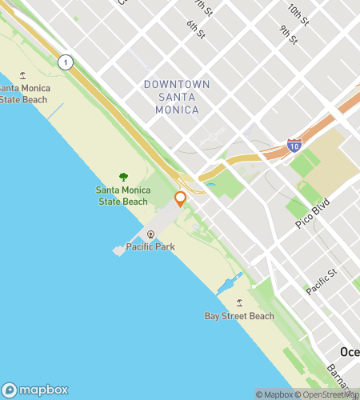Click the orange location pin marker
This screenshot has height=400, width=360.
(x=181, y=198)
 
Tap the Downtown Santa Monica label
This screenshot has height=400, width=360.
(x=177, y=96)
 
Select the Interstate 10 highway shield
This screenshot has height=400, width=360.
(x=294, y=146)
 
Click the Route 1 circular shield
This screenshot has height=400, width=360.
(x=66, y=62)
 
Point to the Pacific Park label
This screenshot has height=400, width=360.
(x=150, y=247)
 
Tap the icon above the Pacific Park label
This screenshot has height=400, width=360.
(x=150, y=234)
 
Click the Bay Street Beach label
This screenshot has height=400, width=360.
(x=239, y=316)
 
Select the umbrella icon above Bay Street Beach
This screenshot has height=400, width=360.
(x=239, y=303)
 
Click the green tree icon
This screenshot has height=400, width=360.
(x=123, y=177)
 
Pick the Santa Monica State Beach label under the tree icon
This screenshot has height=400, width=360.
(x=122, y=195)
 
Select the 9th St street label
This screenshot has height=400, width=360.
(x=289, y=36)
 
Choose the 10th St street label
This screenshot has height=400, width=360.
(x=298, y=13)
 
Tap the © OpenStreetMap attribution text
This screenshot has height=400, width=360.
(x=327, y=394)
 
